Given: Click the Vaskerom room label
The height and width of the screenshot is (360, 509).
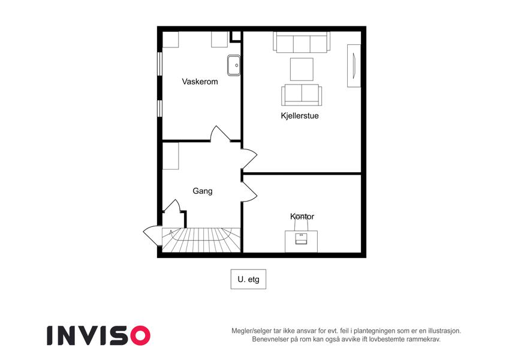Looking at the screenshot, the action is point(200,82).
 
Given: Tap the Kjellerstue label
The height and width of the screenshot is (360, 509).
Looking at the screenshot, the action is point(300,116).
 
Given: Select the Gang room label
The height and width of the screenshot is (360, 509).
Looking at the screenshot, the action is point(203,191).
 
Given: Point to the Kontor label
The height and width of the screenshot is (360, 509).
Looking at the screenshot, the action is point(302,217).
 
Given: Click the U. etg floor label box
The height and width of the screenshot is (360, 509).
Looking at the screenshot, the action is point(248,279).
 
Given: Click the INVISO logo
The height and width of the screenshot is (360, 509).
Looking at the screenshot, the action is point(99,335).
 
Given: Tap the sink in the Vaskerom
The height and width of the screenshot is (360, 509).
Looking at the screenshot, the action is point(234,65).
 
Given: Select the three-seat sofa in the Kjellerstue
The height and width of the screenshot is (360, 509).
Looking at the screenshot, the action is point(302,42).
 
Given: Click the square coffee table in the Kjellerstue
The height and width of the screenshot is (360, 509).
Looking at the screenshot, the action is point(302,69).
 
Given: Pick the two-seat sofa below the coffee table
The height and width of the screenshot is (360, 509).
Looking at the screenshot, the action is point(302,95).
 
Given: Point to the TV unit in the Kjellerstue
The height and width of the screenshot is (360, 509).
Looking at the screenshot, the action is point(354,65).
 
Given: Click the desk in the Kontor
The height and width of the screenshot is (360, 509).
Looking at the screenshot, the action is point(301,241).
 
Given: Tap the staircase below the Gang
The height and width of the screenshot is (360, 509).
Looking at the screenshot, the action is point(201,240).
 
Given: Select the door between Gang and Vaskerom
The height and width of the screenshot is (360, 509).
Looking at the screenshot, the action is point(220,134).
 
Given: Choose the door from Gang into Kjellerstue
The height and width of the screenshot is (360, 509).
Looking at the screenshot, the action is point(249,158).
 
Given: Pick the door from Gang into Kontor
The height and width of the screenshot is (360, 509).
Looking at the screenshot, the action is point(249,191).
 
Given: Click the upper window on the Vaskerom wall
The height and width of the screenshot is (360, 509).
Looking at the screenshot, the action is point(159,64).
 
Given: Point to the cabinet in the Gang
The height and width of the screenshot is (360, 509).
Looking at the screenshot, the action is point(170,156).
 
